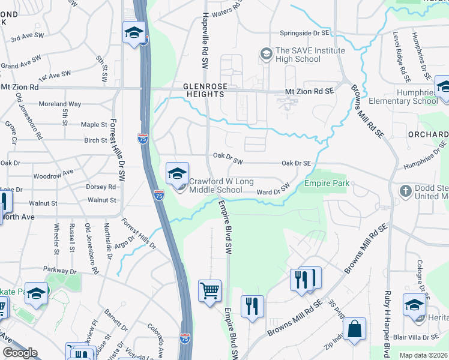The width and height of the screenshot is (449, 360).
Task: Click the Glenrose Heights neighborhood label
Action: (x=205, y=91)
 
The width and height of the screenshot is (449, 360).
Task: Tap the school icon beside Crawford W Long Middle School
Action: (x=177, y=174)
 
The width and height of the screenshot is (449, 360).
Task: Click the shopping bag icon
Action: (x=354, y=330)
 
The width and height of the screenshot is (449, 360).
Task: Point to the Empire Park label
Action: (x=327, y=183)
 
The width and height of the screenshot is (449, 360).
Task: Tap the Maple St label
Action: (x=94, y=125)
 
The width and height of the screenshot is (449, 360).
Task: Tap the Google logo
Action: (x=20, y=353)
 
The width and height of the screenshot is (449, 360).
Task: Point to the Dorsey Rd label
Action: (x=96, y=187)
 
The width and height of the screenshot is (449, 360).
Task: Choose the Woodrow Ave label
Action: (x=53, y=174)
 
